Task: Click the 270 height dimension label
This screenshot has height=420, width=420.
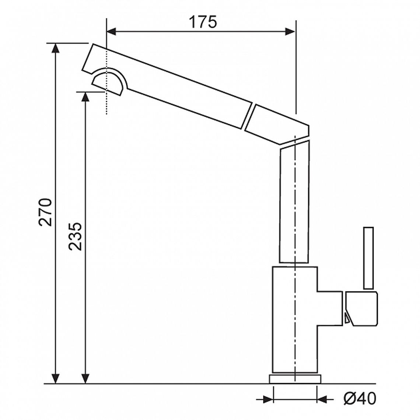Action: click(45, 212)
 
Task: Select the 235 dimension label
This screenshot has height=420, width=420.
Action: click(75, 236)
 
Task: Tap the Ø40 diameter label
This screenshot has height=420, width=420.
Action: click(360, 399)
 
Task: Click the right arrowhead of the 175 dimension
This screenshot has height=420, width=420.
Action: click(290, 32)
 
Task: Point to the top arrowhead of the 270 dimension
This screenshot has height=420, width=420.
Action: click(55, 48)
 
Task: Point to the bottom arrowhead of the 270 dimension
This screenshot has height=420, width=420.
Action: click(55, 378)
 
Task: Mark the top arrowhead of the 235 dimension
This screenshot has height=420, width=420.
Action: click(85, 97)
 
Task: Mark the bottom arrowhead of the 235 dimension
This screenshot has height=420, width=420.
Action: click(85, 378)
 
